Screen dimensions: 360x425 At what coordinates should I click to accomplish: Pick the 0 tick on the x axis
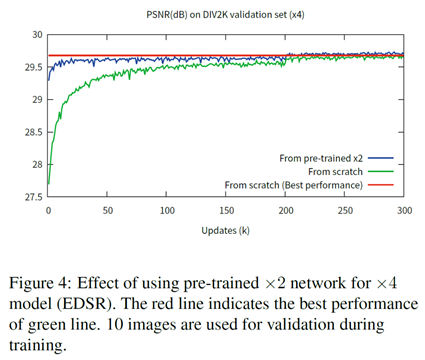[48, 211]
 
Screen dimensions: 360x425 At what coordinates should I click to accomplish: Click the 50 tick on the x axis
[107, 211]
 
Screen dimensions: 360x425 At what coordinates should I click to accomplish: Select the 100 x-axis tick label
[167, 211]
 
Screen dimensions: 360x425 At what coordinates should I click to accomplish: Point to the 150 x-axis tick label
[226, 211]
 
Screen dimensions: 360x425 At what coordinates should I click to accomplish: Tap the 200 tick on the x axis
[286, 211]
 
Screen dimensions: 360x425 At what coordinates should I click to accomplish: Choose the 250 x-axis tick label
[345, 211]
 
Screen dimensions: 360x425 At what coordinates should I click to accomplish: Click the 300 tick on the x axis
[404, 211]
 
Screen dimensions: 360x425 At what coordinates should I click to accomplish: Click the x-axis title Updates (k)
[226, 231]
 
